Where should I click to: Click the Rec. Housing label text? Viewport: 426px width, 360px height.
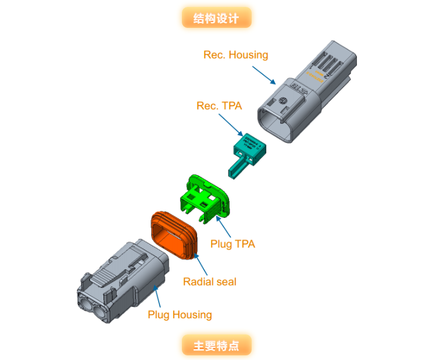tap(235, 55)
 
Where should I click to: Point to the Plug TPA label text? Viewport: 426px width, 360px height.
tap(232, 244)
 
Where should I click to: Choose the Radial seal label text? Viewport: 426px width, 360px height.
tap(210, 282)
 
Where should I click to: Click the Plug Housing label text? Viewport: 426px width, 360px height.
tap(180, 315)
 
